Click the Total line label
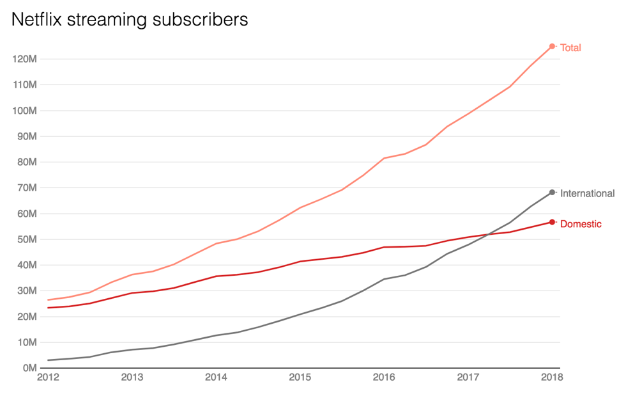pos(570,48)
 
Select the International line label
pos(587,193)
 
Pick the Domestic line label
pos(581,224)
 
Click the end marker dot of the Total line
pos(553,46)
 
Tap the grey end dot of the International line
pos(553,192)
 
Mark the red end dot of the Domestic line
pos(553,222)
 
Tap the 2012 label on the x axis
pos(48,378)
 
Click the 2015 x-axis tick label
pos(300,378)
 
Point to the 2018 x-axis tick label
pos(552,378)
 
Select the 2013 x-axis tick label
pos(132,378)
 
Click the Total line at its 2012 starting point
pos(49,300)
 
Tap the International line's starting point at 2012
pos(49,360)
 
